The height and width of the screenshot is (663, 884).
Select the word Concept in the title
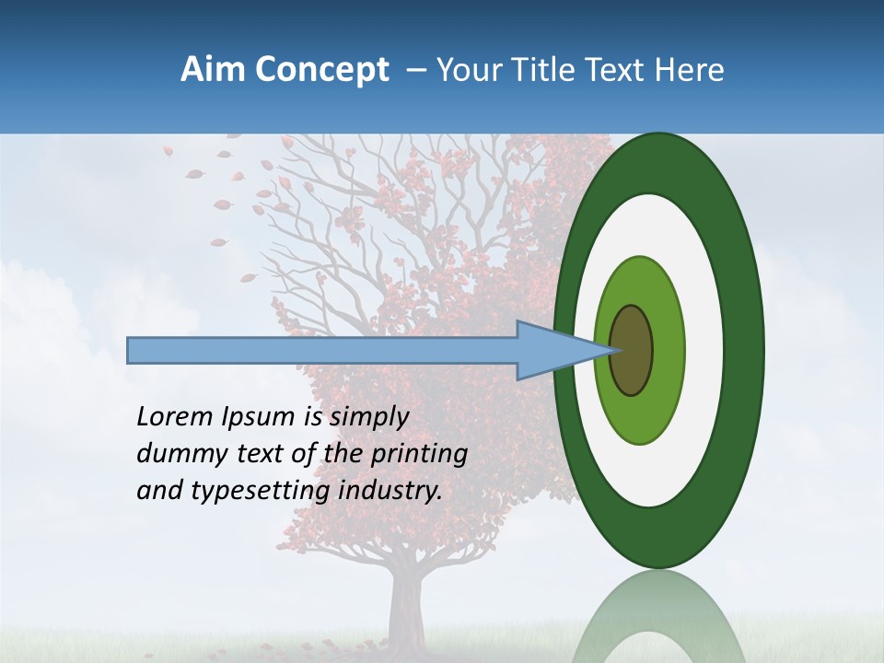pyautogui.click(x=321, y=71)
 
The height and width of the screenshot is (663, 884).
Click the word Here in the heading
pyautogui.click(x=690, y=70)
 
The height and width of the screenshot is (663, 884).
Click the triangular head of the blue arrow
pyautogui.click(x=552, y=350)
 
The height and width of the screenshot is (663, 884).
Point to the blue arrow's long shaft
pyautogui.click(x=322, y=350)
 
